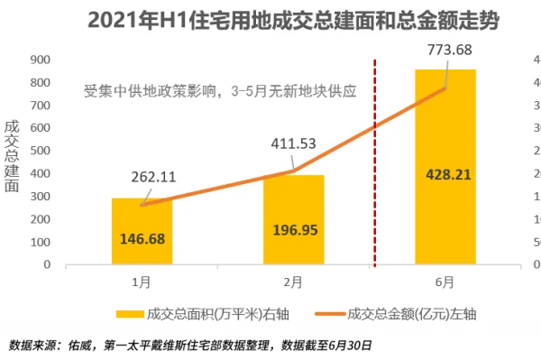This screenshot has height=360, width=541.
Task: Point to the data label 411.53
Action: [x=294, y=143]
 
